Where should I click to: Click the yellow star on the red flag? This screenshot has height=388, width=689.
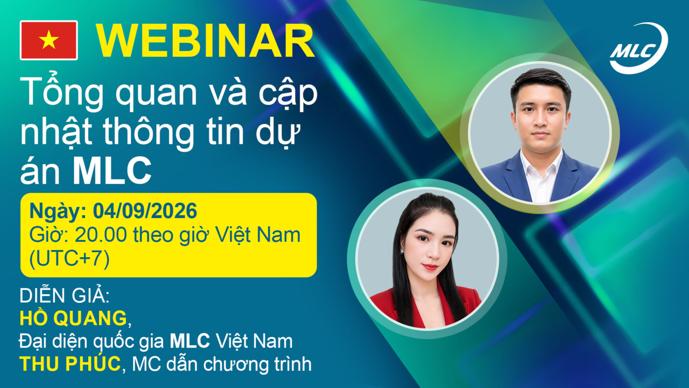pyautogui.click(x=48, y=40)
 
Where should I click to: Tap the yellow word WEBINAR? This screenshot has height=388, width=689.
pyautogui.click(x=206, y=40)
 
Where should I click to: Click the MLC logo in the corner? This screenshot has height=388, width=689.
pyautogui.click(x=638, y=48)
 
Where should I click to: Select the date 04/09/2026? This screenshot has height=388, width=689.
pyautogui.click(x=145, y=211)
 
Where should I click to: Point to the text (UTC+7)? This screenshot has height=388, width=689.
pyautogui.click(x=69, y=258)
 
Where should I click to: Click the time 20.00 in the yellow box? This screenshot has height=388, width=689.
pyautogui.click(x=101, y=235)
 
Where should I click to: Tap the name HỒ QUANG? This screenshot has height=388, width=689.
pyautogui.click(x=73, y=317)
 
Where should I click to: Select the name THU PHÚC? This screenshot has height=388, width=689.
pyautogui.click(x=70, y=364)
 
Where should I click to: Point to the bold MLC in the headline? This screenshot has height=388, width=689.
pyautogui.click(x=112, y=171)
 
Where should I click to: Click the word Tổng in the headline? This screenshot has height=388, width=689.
pyautogui.click(x=61, y=92)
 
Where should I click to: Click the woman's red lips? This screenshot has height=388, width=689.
pyautogui.click(x=430, y=267)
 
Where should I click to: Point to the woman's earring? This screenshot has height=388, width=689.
pyautogui.click(x=402, y=252)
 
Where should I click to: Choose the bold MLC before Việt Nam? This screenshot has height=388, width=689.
pyautogui.click(x=190, y=341)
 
